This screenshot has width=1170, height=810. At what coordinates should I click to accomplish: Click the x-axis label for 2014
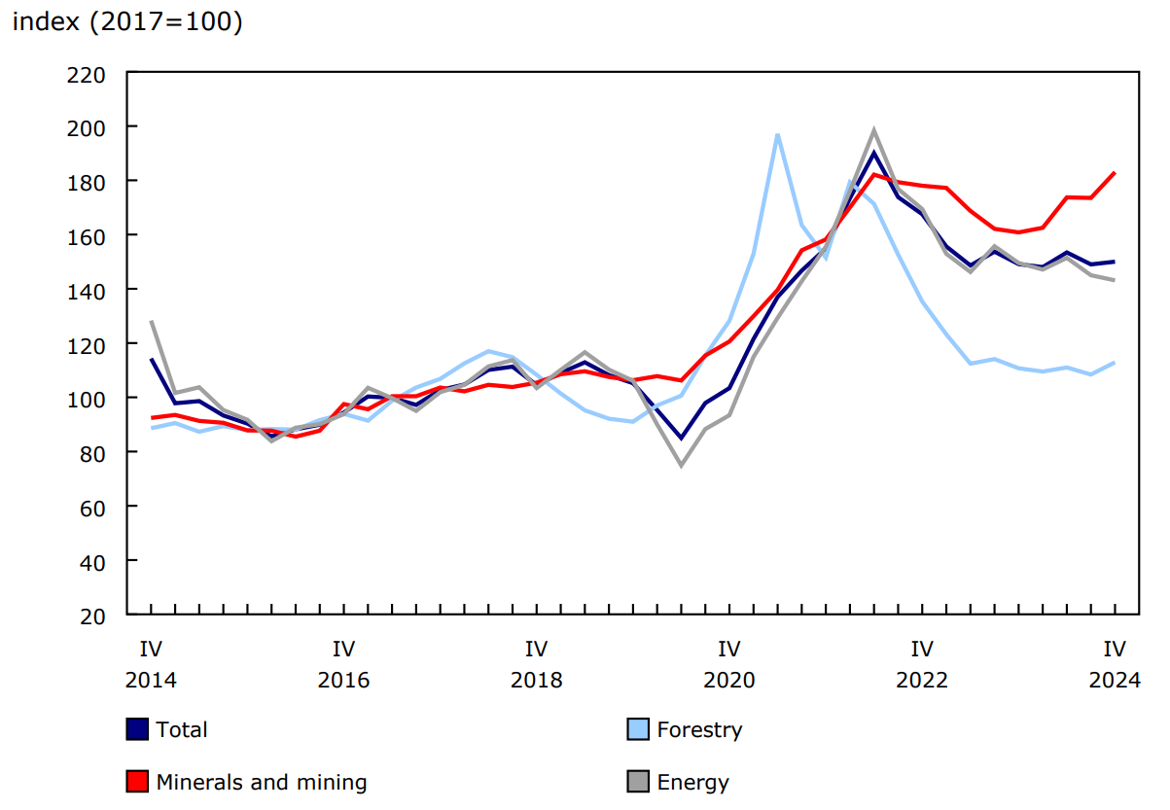pos(151,680)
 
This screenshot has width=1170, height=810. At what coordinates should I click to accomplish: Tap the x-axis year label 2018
pos(536,680)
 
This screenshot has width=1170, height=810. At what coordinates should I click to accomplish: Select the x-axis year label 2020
pos(728,680)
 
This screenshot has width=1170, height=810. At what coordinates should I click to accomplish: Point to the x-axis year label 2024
pos(1114,680)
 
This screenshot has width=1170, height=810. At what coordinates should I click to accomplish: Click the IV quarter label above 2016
pos(343,649)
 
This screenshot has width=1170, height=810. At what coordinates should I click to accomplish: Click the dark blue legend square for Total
pos(137,729)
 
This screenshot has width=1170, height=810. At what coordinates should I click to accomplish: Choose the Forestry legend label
pos(699,729)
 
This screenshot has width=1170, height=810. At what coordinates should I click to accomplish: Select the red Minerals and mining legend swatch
pos(137,782)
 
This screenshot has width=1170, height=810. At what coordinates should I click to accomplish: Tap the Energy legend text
pos(692,782)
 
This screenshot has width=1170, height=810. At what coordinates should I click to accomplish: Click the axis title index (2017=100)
pos(126,22)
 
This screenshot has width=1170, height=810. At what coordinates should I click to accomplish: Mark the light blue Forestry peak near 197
pos(777,134)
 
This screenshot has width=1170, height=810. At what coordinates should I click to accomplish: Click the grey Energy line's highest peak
pos(873,130)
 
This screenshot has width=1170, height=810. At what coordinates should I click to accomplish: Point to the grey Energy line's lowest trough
pos(681,465)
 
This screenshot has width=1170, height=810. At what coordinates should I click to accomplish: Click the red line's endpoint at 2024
pos(1114,173)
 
